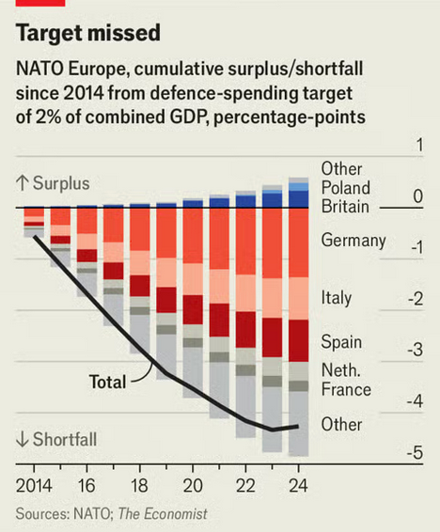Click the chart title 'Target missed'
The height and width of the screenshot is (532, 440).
(88, 33)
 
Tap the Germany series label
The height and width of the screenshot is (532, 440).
(354, 241)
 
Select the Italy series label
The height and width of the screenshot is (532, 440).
(337, 298)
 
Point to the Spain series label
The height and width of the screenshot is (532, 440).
(341, 342)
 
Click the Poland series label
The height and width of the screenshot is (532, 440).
(345, 188)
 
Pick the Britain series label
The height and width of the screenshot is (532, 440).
(345, 207)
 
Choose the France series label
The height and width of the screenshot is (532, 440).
(346, 389)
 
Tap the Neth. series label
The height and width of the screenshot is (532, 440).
(340, 370)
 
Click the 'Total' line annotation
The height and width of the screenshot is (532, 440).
(107, 382)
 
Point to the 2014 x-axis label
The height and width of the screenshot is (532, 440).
(34, 486)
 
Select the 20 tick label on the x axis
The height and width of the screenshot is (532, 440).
(193, 486)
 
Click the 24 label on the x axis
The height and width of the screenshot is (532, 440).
(299, 486)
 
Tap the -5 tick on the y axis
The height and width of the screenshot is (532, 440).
(415, 452)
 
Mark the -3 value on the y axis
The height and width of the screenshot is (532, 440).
(415, 350)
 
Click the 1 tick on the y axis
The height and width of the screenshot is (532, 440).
(420, 145)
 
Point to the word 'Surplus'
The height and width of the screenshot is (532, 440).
(61, 183)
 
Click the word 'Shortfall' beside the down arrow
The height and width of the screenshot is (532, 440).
(65, 439)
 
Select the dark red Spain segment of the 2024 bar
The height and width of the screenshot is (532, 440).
(299, 340)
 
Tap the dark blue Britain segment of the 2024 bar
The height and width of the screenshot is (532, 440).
(299, 199)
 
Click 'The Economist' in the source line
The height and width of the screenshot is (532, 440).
(163, 514)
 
